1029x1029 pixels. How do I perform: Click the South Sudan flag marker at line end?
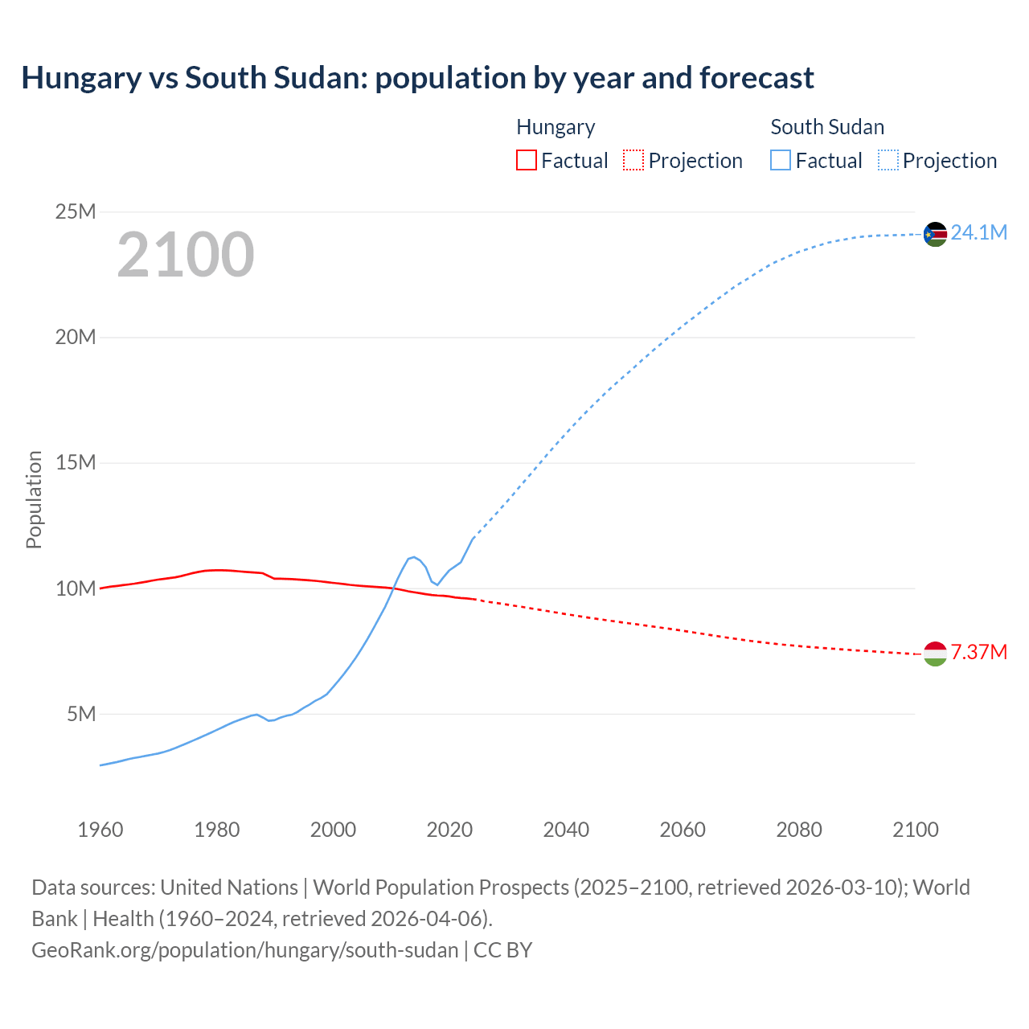coord(935,234)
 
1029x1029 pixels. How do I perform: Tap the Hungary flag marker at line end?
coord(935,654)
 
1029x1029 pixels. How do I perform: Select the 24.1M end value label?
coord(978,233)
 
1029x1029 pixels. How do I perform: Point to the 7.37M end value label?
coord(978,652)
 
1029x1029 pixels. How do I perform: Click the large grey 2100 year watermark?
coord(186,255)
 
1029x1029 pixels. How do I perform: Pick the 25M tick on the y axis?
coord(76,212)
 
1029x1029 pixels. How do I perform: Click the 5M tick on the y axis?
coord(81,714)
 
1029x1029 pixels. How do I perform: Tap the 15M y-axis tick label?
coord(76,463)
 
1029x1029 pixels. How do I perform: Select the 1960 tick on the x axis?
coord(100,830)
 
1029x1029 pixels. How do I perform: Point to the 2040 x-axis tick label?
coord(566,830)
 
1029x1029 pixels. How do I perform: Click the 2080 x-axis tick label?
coord(799,830)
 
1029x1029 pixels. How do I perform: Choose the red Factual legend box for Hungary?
coord(527,160)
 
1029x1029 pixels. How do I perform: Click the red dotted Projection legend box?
coord(633,160)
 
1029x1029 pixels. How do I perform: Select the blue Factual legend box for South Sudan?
coord(781,160)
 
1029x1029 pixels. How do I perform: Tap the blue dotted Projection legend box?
coord(888,160)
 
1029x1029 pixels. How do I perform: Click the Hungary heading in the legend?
coord(555,127)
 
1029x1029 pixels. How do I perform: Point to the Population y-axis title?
coord(34,499)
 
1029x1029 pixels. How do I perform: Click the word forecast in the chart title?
coord(756,78)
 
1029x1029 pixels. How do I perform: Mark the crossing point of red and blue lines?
coord(393,588)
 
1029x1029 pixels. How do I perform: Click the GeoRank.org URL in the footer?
coord(244,950)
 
